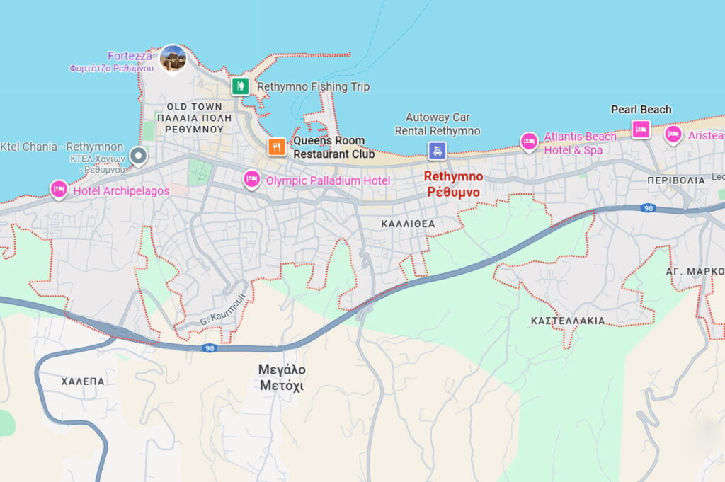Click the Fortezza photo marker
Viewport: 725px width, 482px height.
point(173,59)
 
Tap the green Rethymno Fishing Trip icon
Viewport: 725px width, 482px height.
point(241,86)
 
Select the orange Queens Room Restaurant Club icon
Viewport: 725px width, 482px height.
point(276,147)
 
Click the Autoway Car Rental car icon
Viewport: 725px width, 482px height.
point(438,150)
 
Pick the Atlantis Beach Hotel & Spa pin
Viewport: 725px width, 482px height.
point(529,142)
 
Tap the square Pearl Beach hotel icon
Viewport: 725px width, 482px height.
point(641,130)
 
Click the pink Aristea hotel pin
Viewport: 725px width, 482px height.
point(673,134)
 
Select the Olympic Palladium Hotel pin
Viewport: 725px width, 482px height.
point(251,179)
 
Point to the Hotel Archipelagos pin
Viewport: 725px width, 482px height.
point(59,189)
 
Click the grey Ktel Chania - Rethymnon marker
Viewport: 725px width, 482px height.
point(139,156)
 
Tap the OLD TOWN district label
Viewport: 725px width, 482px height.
point(194,107)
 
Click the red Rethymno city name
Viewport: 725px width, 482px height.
point(453,184)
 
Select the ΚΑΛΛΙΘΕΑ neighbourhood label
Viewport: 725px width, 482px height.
point(408,224)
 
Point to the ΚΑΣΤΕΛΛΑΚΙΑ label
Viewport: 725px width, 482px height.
point(568,321)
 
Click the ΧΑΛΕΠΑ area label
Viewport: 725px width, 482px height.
point(83,381)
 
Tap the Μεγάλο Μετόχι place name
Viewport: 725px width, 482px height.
point(282,377)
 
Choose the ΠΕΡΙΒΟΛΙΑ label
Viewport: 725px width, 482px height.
point(676,180)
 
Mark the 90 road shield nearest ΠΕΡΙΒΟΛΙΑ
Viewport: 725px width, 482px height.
point(648,208)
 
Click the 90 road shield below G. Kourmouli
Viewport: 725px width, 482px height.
point(209,348)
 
